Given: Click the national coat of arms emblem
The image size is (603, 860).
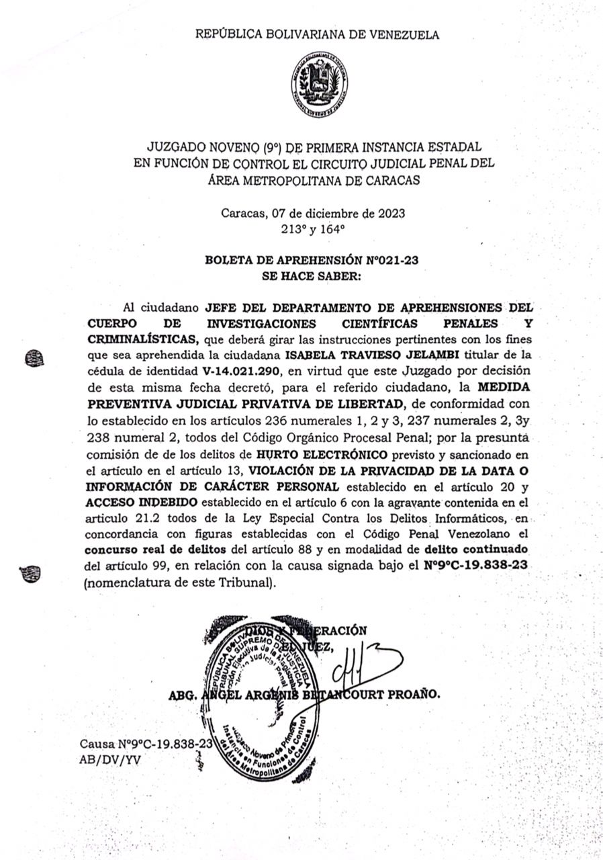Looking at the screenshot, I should coord(319,85).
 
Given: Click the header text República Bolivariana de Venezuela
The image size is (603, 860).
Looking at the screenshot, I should coord(317,35).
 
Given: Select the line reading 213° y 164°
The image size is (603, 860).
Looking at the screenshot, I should coord(313,228).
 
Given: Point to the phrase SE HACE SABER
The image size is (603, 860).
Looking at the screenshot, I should coord(313,275).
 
